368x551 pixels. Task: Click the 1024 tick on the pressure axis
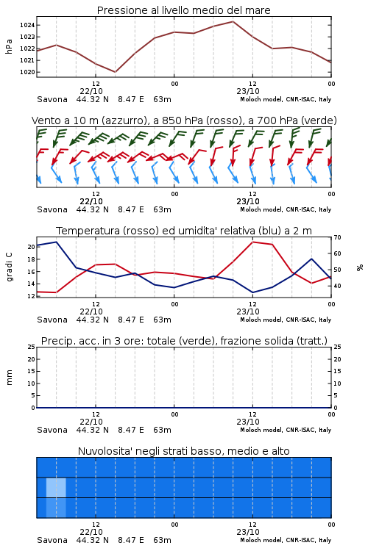coord(26,25)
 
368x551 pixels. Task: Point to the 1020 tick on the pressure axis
coord(26,72)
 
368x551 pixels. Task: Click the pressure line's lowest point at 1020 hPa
coord(115,72)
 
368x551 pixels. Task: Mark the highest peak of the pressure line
coord(233,21)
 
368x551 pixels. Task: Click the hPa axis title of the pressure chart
coord(9,46)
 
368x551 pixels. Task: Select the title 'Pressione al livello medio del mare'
coord(184,10)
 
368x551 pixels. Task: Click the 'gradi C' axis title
coord(10,267)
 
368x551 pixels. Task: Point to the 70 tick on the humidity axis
coord(337,237)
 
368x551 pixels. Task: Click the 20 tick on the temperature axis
coord(32,247)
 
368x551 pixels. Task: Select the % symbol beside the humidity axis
coord(360,267)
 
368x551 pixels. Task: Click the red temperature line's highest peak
coord(252,242)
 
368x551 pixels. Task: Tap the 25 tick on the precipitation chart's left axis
coord(32,347)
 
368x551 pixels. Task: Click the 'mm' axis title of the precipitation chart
coord(10,377)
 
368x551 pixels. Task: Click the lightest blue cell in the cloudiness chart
coord(56,488)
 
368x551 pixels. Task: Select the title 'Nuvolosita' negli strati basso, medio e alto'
coord(184,451)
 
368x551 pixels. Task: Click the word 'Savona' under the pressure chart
coord(52,99)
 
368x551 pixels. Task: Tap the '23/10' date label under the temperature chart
coord(248,311)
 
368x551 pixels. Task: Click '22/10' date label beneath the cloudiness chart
coord(91,532)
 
